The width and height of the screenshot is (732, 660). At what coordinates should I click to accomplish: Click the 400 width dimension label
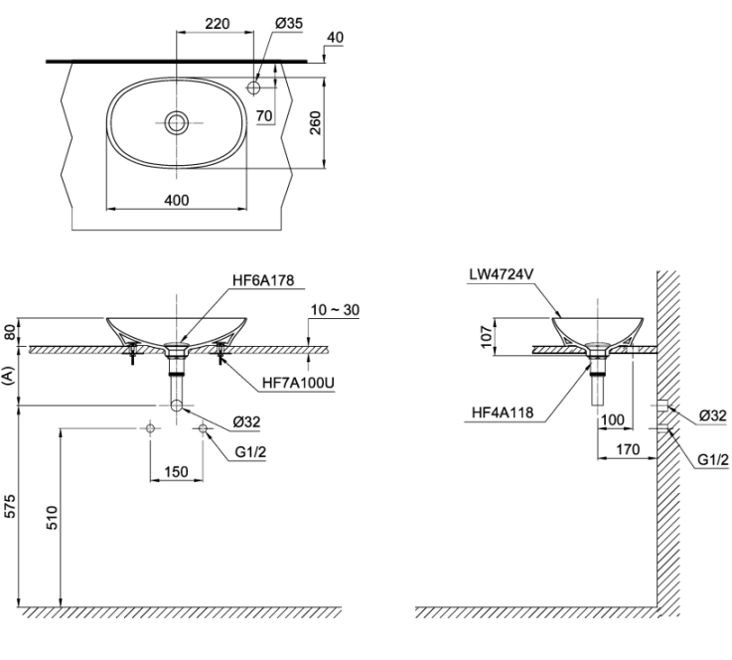click(x=177, y=200)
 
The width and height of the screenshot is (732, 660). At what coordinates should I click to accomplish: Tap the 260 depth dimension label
click(x=316, y=123)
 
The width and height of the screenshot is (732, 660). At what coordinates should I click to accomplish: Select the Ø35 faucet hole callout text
click(x=289, y=23)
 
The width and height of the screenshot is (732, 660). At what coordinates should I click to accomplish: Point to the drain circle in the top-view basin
click(x=177, y=123)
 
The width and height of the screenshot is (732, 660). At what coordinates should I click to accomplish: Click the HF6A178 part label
click(x=263, y=279)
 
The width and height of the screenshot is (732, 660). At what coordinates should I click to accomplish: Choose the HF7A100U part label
click(x=298, y=383)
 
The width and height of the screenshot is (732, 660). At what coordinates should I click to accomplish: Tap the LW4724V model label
click(x=501, y=274)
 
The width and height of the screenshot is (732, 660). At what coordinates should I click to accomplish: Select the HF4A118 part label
click(x=503, y=412)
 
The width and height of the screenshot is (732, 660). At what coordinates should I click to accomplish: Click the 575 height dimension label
click(x=10, y=505)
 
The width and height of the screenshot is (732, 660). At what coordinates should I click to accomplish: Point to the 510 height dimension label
click(x=52, y=517)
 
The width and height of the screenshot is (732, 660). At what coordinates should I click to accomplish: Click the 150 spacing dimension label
click(x=177, y=472)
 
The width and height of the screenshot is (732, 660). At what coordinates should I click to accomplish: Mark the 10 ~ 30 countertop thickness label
click(x=335, y=310)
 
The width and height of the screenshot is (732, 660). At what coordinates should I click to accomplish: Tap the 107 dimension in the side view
click(x=487, y=337)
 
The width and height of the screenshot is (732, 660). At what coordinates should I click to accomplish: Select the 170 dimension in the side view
click(x=628, y=449)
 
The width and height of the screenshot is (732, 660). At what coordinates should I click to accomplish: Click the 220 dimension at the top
click(x=218, y=23)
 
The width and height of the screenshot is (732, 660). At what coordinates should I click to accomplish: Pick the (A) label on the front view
click(x=8, y=375)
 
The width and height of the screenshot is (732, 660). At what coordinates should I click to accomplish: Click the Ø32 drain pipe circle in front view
click(x=177, y=406)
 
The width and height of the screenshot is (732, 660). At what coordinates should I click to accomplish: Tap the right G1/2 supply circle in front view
click(x=203, y=427)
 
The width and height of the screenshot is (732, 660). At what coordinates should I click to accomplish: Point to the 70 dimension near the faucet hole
click(x=264, y=116)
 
